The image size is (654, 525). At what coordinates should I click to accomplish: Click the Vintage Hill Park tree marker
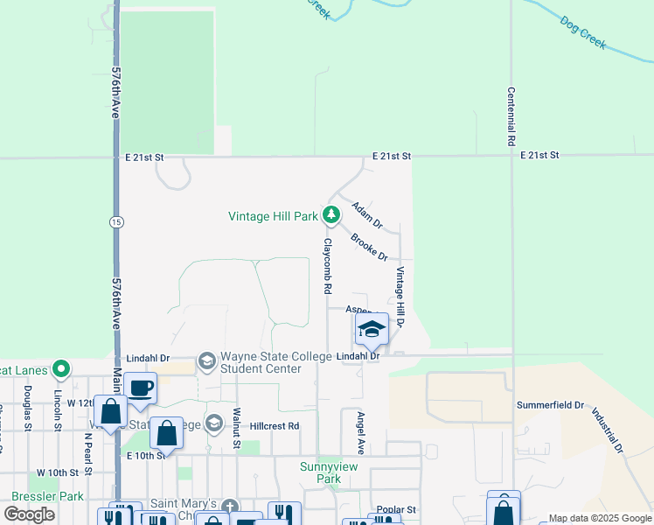pos(330,214)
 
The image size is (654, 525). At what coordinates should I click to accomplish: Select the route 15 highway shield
pos(116,223)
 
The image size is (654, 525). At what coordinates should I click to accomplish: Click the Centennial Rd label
pos(511,116)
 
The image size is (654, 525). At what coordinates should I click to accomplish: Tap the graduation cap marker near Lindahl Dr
pos(372,329)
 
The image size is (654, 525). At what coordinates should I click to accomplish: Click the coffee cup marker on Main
pos(140,386)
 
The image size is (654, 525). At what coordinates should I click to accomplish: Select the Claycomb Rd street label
pos(328,265)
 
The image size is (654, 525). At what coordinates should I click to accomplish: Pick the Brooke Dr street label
pos(369,247)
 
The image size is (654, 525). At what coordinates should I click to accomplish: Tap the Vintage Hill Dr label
pos(400,297)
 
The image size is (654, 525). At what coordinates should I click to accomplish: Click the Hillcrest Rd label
pos(275,426)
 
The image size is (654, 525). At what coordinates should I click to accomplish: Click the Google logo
pos(30,514)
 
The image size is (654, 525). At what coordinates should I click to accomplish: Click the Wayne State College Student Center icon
pos(207,361)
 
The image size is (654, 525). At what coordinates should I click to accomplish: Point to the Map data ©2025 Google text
pos(599,518)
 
